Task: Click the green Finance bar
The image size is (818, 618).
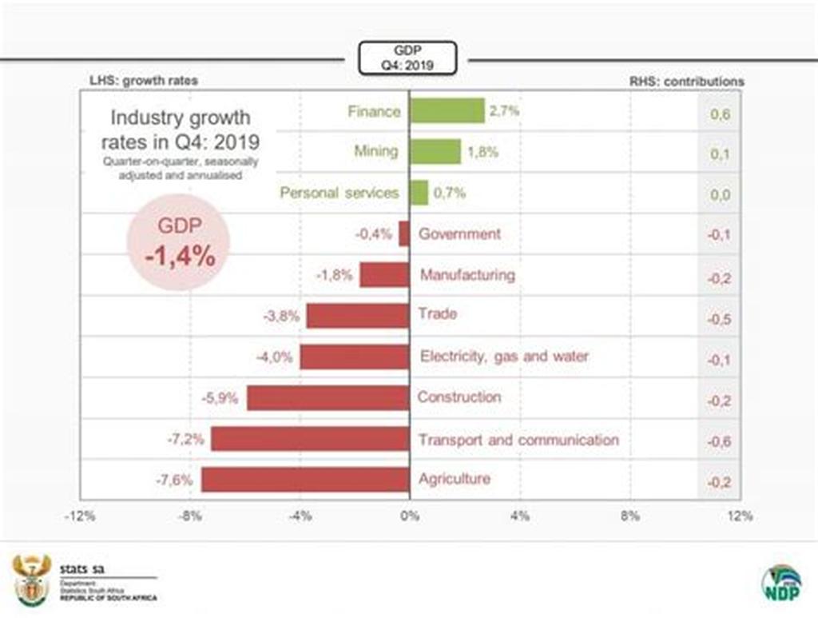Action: (x=447, y=110)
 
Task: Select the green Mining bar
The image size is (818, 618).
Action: (x=435, y=151)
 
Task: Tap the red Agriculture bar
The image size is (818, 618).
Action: (x=305, y=480)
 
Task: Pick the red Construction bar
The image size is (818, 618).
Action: (x=328, y=397)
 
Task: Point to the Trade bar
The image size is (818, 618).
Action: (x=358, y=316)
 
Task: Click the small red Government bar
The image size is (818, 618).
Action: (x=404, y=233)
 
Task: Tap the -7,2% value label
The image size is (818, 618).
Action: (x=185, y=439)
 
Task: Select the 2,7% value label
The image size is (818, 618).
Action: (x=505, y=110)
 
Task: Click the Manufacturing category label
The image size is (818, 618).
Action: (x=467, y=275)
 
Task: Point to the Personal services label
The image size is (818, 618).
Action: (x=339, y=193)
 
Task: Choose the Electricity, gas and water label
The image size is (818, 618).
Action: (x=503, y=357)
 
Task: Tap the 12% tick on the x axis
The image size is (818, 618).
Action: (x=741, y=516)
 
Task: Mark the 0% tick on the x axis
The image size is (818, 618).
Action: (x=409, y=516)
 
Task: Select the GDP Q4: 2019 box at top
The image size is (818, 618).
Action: (x=409, y=59)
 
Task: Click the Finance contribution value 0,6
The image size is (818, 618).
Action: (x=720, y=114)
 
